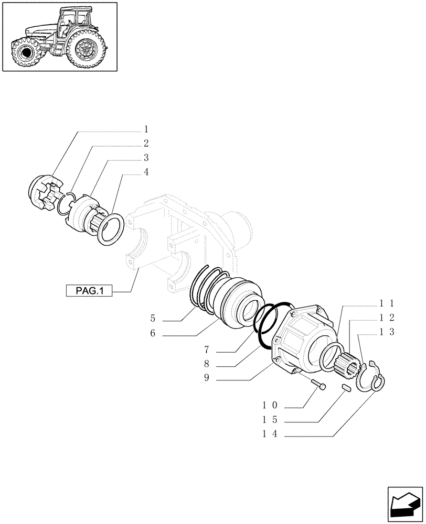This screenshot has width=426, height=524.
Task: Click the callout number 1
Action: (x=146, y=129)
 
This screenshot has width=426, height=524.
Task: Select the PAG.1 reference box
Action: (x=89, y=290)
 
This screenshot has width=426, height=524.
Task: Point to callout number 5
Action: (x=153, y=319)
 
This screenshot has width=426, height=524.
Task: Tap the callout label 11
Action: (x=389, y=303)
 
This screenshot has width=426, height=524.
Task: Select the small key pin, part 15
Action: (x=346, y=387)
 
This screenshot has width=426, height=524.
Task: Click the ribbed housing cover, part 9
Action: (x=303, y=341)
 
